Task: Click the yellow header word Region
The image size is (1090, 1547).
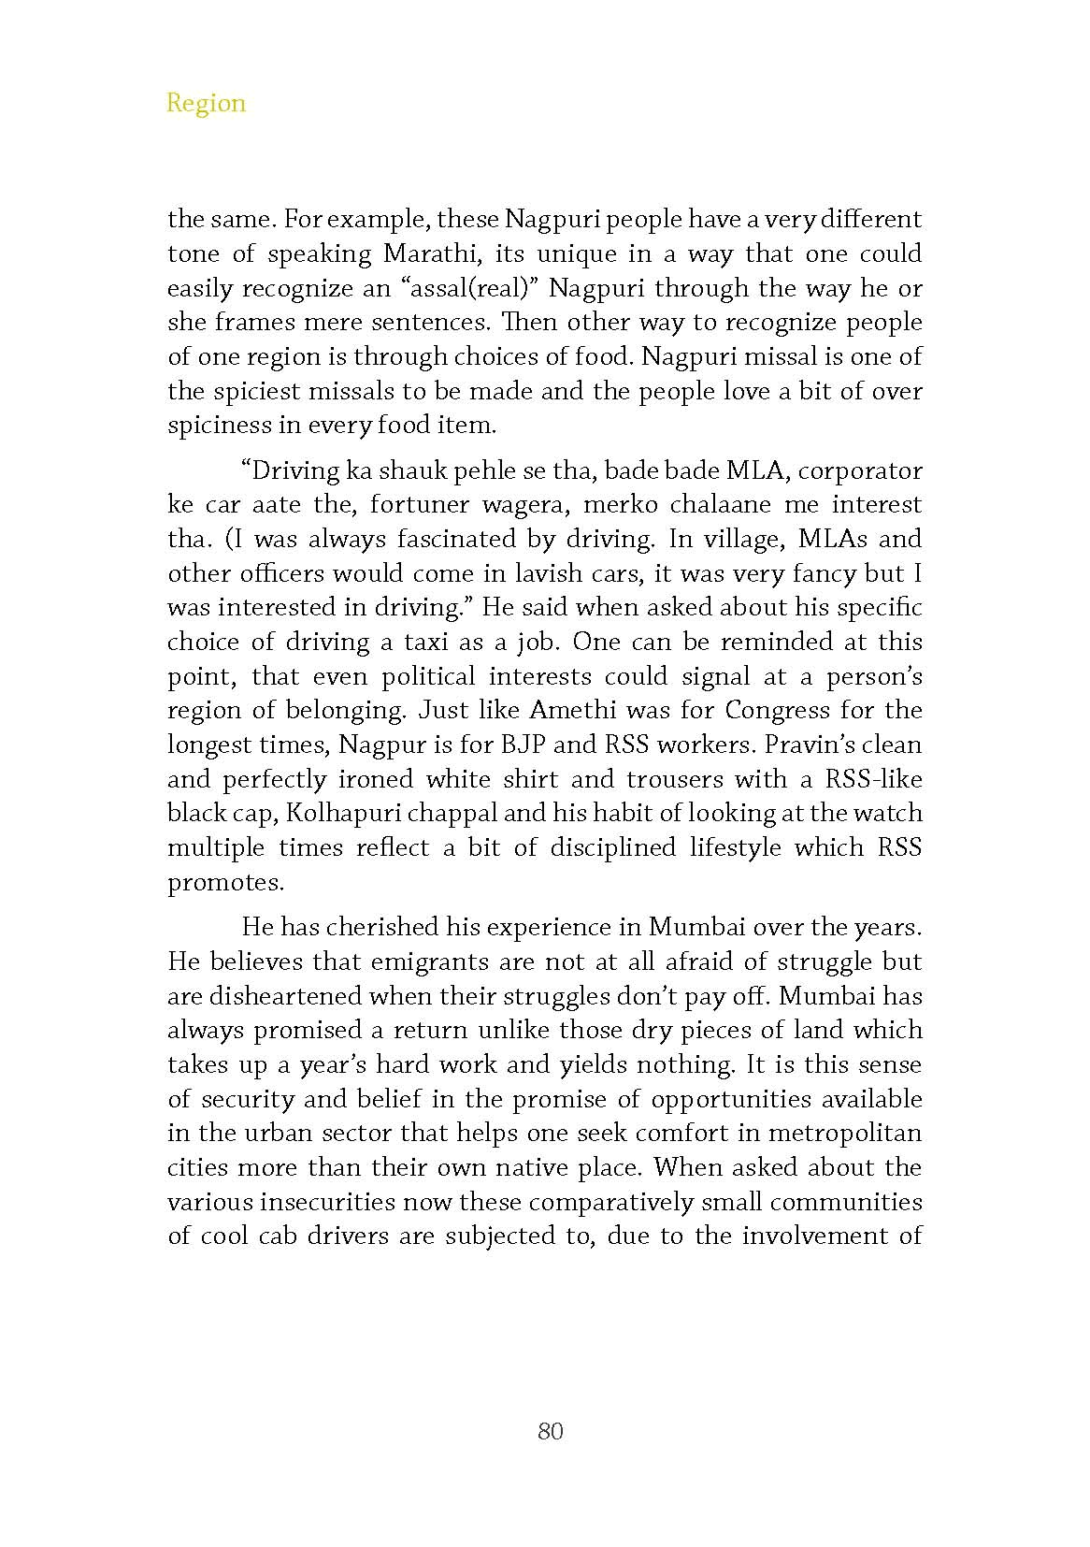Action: [x=206, y=103]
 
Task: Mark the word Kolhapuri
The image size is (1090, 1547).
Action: [x=337, y=814]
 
